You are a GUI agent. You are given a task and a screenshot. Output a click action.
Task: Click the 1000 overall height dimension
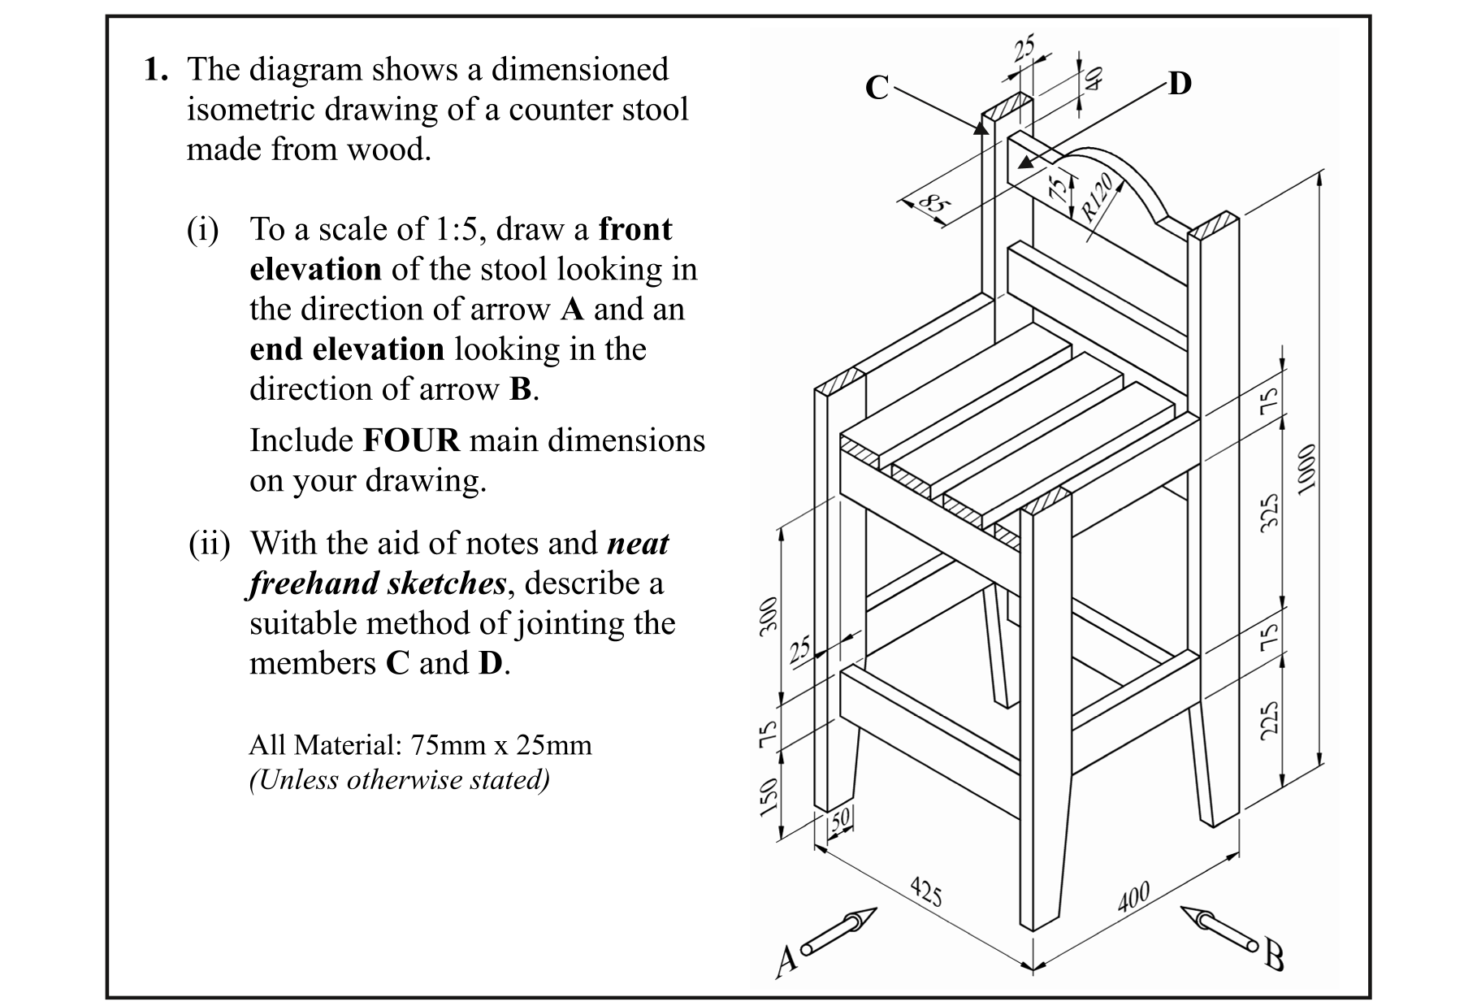point(1304,469)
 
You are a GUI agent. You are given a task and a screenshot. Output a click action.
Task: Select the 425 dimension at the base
point(925,891)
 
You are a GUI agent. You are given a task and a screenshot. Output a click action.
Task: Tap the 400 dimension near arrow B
point(1133,896)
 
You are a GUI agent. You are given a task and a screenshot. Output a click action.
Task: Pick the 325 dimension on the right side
point(1269,513)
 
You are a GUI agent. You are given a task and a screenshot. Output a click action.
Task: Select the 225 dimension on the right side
point(1269,720)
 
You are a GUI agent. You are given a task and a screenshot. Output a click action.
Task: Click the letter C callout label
point(877,88)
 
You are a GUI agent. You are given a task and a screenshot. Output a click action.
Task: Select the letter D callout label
point(1180,84)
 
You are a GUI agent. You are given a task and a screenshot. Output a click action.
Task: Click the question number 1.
point(155,71)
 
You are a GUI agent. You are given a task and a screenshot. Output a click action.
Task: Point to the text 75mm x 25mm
point(500,745)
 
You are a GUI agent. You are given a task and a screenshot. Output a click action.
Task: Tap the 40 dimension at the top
point(1094,77)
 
